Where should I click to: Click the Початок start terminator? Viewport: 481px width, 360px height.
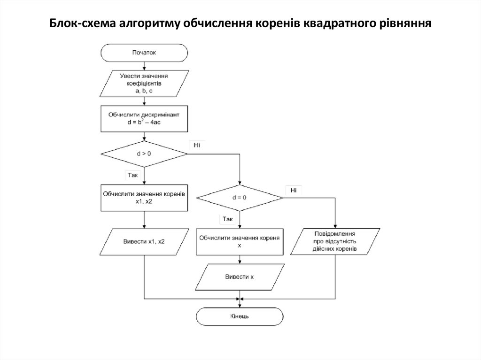click(x=144, y=53)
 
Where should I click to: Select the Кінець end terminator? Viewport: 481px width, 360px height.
click(x=240, y=316)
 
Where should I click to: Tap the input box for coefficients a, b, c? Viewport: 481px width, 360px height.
click(x=144, y=83)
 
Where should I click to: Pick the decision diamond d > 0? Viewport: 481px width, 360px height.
click(x=144, y=153)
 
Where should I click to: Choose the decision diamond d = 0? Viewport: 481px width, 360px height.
click(x=240, y=198)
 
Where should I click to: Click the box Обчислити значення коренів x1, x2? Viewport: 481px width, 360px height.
click(x=144, y=197)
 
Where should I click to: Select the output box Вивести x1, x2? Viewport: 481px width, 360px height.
click(x=144, y=242)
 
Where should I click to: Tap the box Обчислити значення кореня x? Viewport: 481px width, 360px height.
click(x=240, y=241)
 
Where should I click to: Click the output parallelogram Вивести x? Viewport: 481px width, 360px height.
click(x=240, y=276)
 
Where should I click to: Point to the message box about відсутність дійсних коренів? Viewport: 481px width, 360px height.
click(x=335, y=241)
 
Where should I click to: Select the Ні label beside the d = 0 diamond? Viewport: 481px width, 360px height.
click(x=293, y=190)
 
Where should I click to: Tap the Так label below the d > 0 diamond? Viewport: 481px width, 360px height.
click(x=132, y=175)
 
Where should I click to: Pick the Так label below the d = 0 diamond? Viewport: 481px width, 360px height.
click(x=228, y=219)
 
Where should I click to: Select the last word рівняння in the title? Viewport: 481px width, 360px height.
click(x=407, y=23)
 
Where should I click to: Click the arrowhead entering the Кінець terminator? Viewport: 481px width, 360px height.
click(x=240, y=306)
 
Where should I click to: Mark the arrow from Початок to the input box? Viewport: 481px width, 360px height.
click(x=144, y=66)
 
